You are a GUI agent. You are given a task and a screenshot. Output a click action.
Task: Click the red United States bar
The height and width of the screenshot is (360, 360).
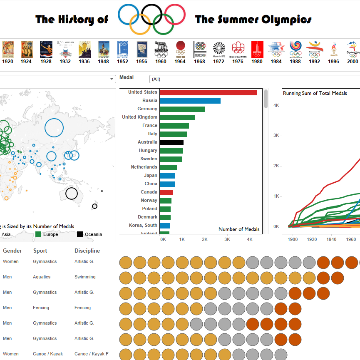(208, 92)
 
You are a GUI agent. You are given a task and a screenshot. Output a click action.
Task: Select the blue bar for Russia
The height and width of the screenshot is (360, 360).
(190, 101)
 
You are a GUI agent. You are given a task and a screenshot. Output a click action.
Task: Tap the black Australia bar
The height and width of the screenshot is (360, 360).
(171, 142)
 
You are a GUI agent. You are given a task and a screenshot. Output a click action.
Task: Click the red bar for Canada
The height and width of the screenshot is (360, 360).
(166, 192)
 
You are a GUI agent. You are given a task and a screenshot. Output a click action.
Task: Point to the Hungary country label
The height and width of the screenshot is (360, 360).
(148, 151)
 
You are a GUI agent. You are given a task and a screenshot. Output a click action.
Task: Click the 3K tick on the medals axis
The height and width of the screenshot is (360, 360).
(227, 240)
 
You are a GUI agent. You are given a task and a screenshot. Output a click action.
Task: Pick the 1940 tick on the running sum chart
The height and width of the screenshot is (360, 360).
(331, 239)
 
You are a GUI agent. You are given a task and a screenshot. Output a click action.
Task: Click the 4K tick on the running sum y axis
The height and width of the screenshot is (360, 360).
(276, 105)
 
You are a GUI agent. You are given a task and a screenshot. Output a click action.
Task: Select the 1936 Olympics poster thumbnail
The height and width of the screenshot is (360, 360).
(84, 49)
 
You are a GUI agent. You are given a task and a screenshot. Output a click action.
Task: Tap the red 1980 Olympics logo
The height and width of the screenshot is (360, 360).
(257, 49)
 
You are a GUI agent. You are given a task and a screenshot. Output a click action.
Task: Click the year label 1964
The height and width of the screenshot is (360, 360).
(180, 62)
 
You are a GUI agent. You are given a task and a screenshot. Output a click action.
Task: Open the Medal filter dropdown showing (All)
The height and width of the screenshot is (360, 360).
(254, 79)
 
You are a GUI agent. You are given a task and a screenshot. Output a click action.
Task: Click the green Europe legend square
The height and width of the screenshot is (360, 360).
(39, 234)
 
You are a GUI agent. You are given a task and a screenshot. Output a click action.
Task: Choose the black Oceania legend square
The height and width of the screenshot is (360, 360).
(80, 234)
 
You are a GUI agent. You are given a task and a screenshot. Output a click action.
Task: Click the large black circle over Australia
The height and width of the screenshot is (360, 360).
(72, 194)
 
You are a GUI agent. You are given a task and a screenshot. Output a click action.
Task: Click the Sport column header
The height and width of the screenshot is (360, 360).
(40, 251)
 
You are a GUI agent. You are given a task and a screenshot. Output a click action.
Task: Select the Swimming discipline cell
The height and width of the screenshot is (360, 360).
(85, 277)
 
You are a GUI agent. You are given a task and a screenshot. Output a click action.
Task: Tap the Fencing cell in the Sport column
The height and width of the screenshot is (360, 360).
(41, 308)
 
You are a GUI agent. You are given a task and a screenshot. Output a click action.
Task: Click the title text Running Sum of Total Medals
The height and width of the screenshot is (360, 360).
(315, 93)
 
